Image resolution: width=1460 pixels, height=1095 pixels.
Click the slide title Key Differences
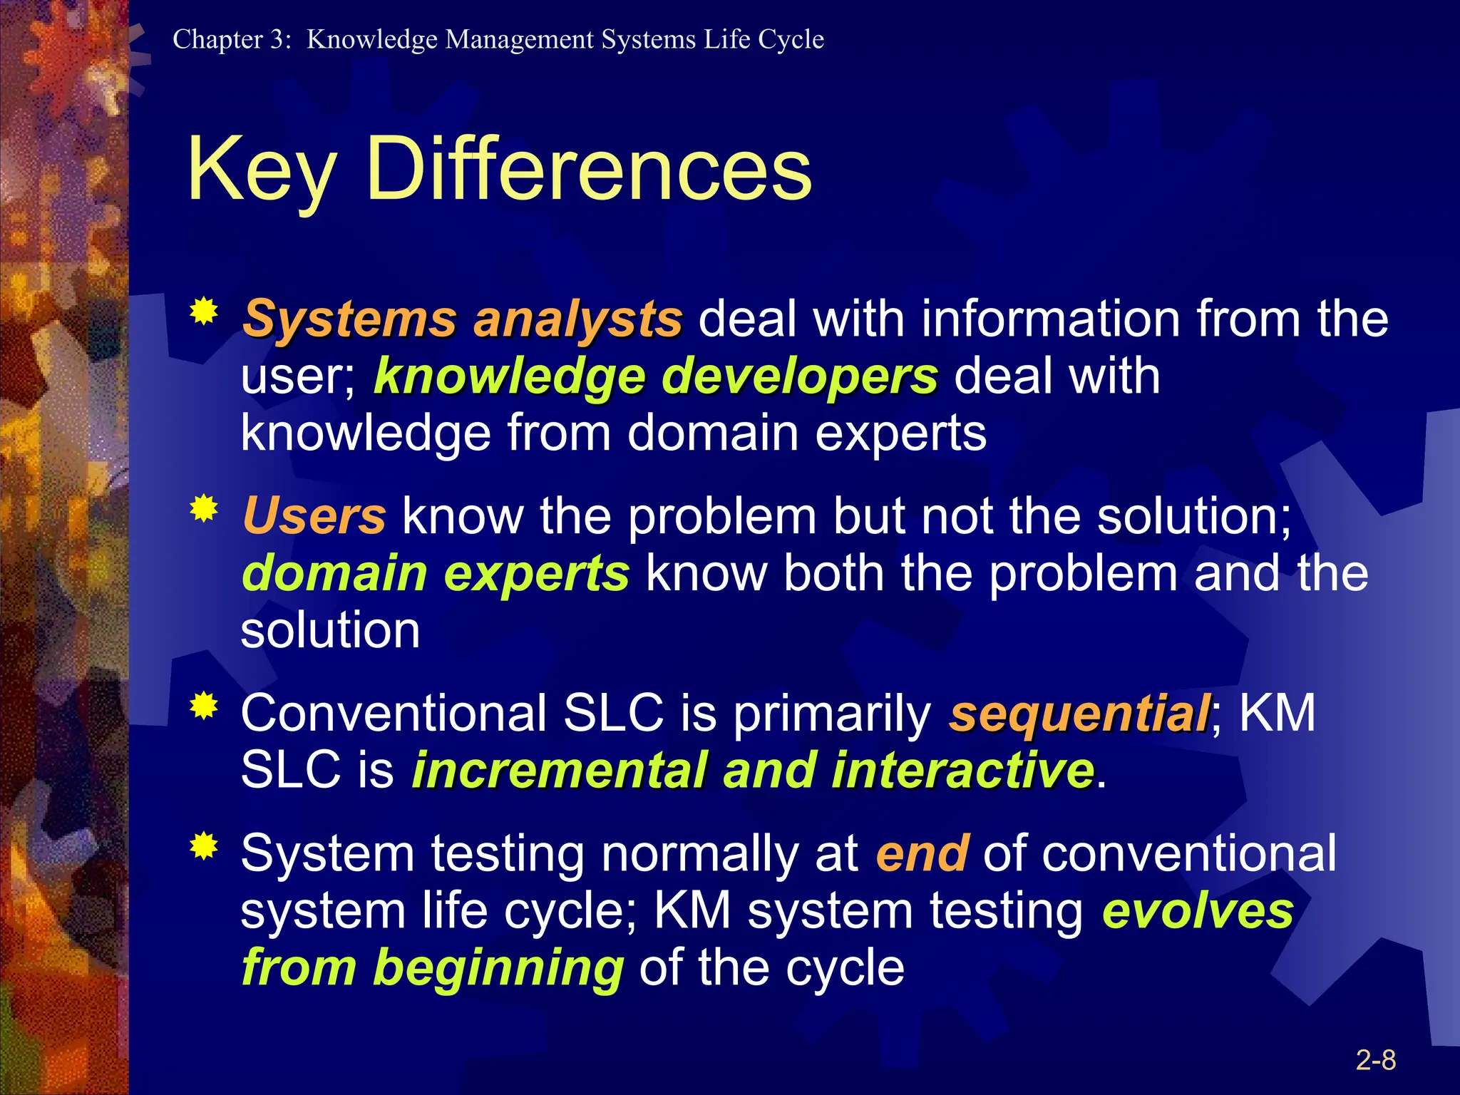(499, 170)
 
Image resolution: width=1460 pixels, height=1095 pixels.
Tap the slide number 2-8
(1375, 1060)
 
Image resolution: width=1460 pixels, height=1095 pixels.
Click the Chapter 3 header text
(498, 39)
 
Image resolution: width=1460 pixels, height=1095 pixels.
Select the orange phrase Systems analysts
(462, 319)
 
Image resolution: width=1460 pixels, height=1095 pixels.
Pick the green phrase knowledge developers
(656, 376)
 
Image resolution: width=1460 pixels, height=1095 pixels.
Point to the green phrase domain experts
(435, 573)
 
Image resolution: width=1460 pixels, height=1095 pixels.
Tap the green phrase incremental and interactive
(753, 770)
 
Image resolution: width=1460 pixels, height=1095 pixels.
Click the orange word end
(921, 853)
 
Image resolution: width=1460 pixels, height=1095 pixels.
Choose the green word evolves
(1198, 910)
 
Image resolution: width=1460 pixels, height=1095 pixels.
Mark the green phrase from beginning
(433, 967)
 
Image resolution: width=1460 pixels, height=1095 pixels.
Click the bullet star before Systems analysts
(204, 312)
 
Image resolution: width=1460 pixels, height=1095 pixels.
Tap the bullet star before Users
(204, 509)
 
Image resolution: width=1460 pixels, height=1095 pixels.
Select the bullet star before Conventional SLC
(204, 706)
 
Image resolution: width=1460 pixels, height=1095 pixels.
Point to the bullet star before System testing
(204, 846)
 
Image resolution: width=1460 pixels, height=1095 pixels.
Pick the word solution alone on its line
(330, 631)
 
